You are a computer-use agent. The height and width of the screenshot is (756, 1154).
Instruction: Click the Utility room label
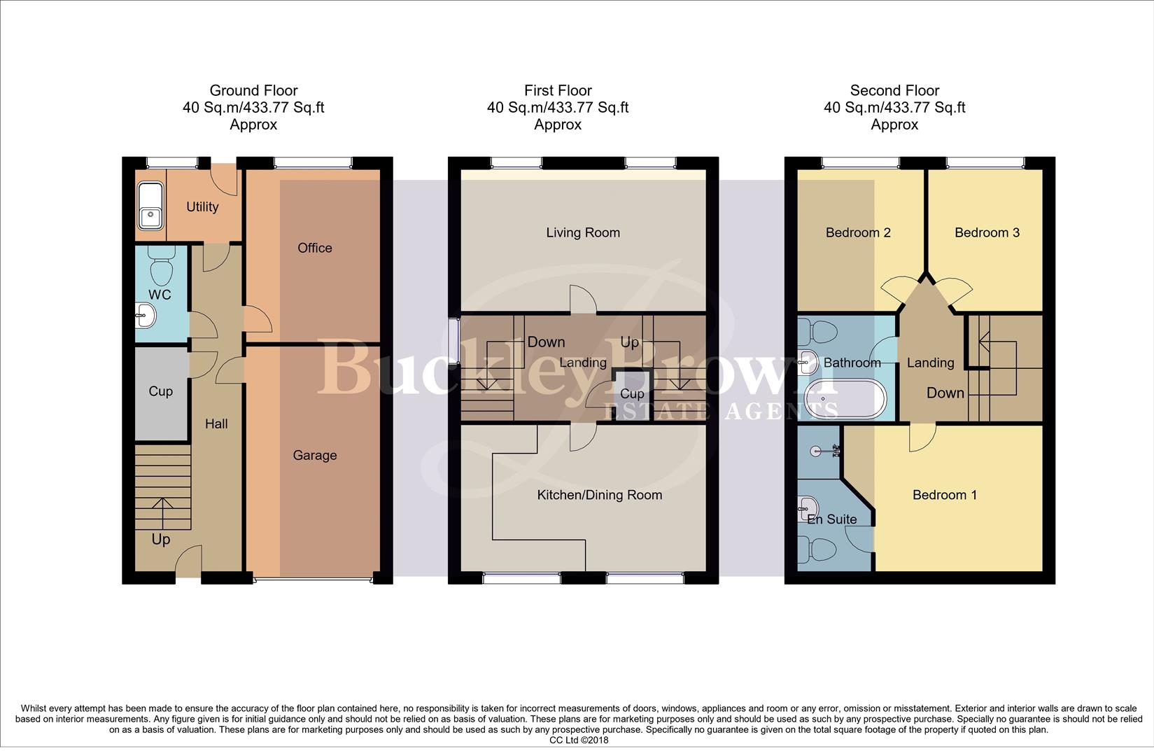pyautogui.click(x=202, y=206)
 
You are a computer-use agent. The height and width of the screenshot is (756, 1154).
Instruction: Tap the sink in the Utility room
pyautogui.click(x=150, y=206)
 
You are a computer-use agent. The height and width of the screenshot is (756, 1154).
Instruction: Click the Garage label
pyautogui.click(x=314, y=455)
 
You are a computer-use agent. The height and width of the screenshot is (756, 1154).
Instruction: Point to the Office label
pyautogui.click(x=314, y=248)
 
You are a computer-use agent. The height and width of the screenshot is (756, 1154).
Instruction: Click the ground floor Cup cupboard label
pyautogui.click(x=160, y=391)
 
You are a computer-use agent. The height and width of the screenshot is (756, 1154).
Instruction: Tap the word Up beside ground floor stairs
pyautogui.click(x=160, y=539)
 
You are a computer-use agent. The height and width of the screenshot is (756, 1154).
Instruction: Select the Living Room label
pyautogui.click(x=582, y=232)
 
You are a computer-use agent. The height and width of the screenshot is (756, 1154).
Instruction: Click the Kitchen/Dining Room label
pyautogui.click(x=599, y=495)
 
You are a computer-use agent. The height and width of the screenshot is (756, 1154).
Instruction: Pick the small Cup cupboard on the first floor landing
pyautogui.click(x=631, y=395)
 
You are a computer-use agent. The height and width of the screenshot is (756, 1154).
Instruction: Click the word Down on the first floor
pyautogui.click(x=546, y=342)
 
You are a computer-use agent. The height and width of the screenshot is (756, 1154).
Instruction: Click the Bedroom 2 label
pyautogui.click(x=857, y=232)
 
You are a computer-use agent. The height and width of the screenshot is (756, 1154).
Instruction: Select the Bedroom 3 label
pyautogui.click(x=987, y=232)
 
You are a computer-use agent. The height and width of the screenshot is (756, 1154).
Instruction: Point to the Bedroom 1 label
pyautogui.click(x=944, y=495)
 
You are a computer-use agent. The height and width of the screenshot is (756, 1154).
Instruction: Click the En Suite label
pyautogui.click(x=831, y=519)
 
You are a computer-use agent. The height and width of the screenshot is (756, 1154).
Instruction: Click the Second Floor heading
pyautogui.click(x=894, y=90)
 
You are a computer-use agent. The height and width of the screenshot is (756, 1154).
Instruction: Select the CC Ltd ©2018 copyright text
pyautogui.click(x=578, y=740)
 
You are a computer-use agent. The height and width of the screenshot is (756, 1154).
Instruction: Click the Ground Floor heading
pyautogui.click(x=253, y=90)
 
